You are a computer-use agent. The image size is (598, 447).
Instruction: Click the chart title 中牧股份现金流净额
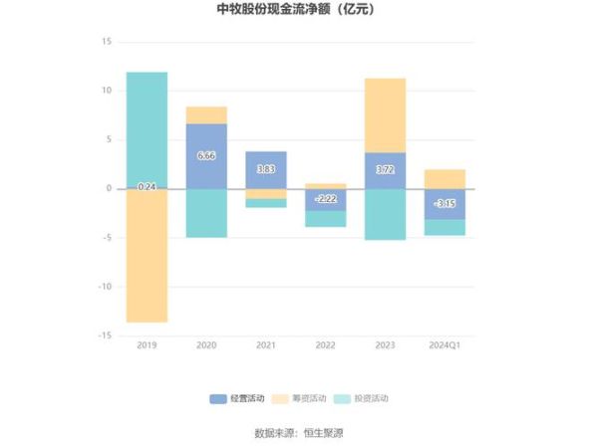coord(298,11)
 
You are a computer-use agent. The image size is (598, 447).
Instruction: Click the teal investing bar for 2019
coord(147,128)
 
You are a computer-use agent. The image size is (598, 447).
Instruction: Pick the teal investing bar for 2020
coord(206,213)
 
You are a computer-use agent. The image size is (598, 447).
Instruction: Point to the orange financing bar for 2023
coord(386,114)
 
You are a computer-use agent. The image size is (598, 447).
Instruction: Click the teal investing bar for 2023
coord(386,214)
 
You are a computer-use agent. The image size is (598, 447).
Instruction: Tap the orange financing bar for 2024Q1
coord(445,178)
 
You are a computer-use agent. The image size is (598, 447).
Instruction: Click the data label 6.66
coord(206,155)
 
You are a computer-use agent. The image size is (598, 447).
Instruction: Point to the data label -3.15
coord(445,203)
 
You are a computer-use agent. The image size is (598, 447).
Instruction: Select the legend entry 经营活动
coord(238,398)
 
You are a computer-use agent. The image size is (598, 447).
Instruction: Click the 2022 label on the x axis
coord(326,344)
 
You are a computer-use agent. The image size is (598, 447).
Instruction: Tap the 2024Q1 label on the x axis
coord(445,344)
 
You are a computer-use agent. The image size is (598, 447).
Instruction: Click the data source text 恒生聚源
coord(324,433)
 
